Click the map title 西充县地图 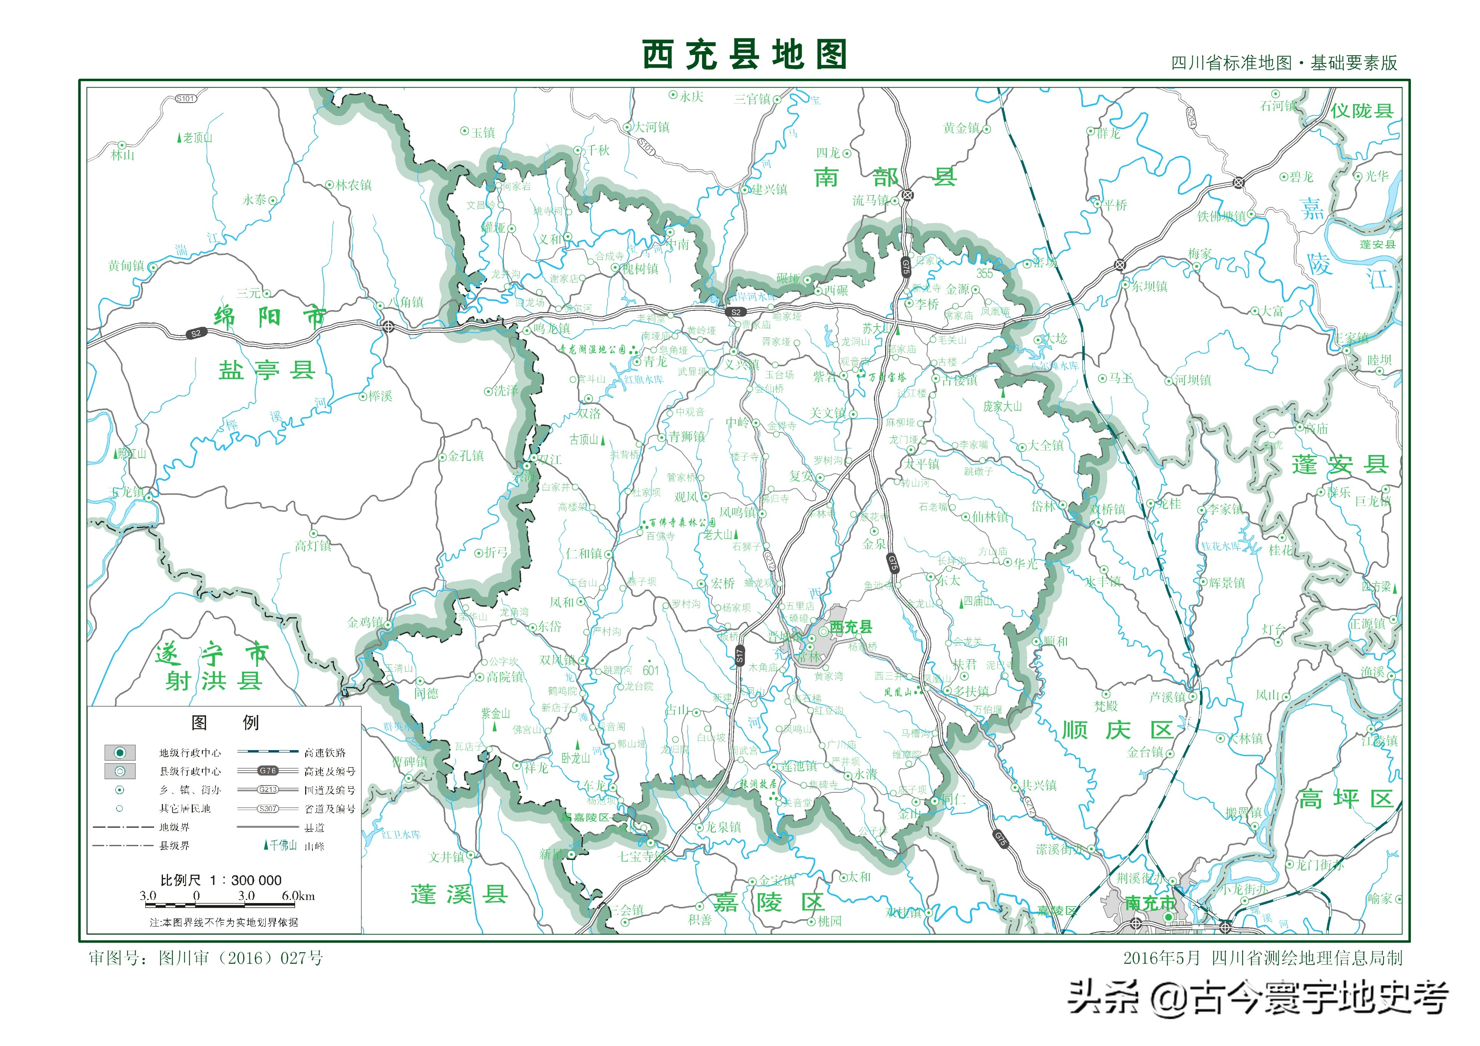pos(744,55)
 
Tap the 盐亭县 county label pos(266,370)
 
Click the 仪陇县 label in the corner pos(1361,111)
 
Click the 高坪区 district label pos(1346,799)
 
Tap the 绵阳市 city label pos(270,317)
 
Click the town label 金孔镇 pos(465,456)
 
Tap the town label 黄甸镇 pos(126,266)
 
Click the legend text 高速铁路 pos(325,753)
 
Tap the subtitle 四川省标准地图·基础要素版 pos(1283,63)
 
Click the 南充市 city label pos(1149,903)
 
